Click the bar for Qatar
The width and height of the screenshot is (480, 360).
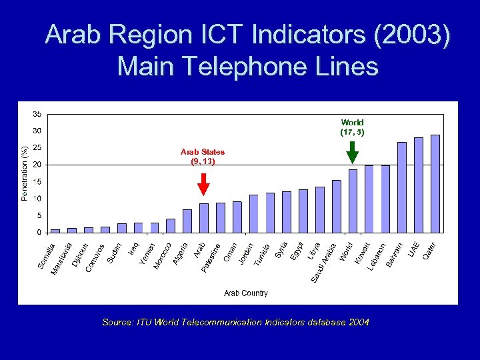(x=435, y=183)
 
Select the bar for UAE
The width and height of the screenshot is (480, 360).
(x=419, y=185)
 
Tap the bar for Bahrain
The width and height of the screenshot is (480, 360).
(x=402, y=187)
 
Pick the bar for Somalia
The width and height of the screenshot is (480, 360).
(x=55, y=231)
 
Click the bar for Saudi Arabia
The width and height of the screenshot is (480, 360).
(x=336, y=206)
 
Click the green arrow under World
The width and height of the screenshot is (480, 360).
(x=352, y=153)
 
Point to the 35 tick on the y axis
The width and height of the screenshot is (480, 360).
(x=37, y=114)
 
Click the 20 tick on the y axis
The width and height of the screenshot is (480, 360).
(x=37, y=165)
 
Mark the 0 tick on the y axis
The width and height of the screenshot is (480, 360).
(x=39, y=233)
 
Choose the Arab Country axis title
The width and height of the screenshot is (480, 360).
(x=246, y=293)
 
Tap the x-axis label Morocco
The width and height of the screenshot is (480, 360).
(x=164, y=256)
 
